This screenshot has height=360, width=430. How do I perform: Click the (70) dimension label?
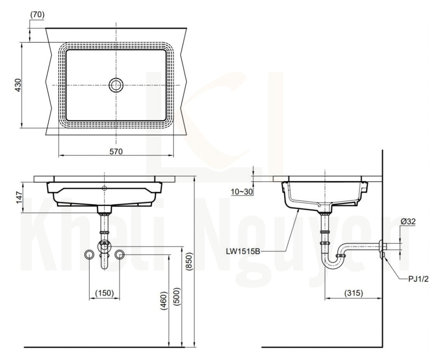[x=37, y=14]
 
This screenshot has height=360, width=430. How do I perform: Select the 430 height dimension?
[x=18, y=85]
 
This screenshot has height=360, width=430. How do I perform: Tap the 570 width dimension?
[x=116, y=151]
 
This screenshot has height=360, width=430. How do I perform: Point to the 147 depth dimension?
[x=19, y=197]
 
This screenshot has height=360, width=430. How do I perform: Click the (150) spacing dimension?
[x=104, y=293]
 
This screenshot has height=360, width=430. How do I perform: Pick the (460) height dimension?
[x=164, y=301]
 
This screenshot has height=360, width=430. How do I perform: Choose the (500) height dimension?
[x=177, y=297]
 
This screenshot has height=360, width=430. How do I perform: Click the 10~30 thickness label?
[x=242, y=192]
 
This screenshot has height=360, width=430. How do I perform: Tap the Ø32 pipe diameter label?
[x=408, y=221]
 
